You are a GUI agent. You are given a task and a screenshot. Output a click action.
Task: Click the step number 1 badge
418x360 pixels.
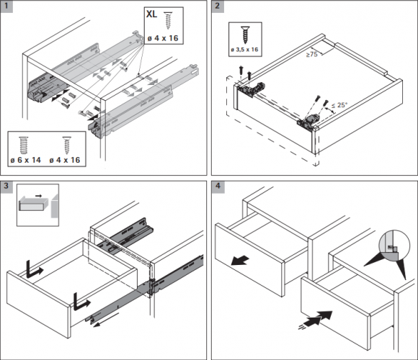[6, 6]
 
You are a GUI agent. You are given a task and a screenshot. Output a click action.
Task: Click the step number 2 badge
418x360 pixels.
[218, 6]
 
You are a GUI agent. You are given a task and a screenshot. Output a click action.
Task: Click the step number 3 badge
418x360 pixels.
[6, 186]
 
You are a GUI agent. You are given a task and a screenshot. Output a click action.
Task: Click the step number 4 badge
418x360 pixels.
[218, 186]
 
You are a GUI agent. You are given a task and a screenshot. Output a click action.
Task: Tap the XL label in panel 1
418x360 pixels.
[151, 14]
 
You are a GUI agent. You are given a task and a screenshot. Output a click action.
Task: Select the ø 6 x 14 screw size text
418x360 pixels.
[26, 160]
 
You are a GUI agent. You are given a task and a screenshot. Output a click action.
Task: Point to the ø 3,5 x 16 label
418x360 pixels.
[245, 50]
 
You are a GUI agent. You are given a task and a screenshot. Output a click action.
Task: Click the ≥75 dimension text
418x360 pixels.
[311, 54]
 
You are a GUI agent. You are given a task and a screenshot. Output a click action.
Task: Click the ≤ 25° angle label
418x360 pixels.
[339, 105]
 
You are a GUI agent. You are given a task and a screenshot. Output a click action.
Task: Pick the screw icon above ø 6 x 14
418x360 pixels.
[24, 145]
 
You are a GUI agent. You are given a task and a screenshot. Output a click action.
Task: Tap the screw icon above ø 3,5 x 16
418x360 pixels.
[245, 35]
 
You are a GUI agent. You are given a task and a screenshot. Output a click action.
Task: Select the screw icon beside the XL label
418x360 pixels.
[168, 20]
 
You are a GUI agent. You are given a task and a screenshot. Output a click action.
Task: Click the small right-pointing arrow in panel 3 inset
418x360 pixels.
[39, 196]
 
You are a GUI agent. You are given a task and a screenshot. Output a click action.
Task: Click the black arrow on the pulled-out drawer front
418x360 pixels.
[240, 260]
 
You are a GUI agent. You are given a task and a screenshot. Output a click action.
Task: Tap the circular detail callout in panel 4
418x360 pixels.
[394, 245]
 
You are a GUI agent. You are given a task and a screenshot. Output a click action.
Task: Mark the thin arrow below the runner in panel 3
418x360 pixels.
[106, 320]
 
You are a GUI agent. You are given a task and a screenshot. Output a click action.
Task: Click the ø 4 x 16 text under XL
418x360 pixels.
[163, 38]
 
